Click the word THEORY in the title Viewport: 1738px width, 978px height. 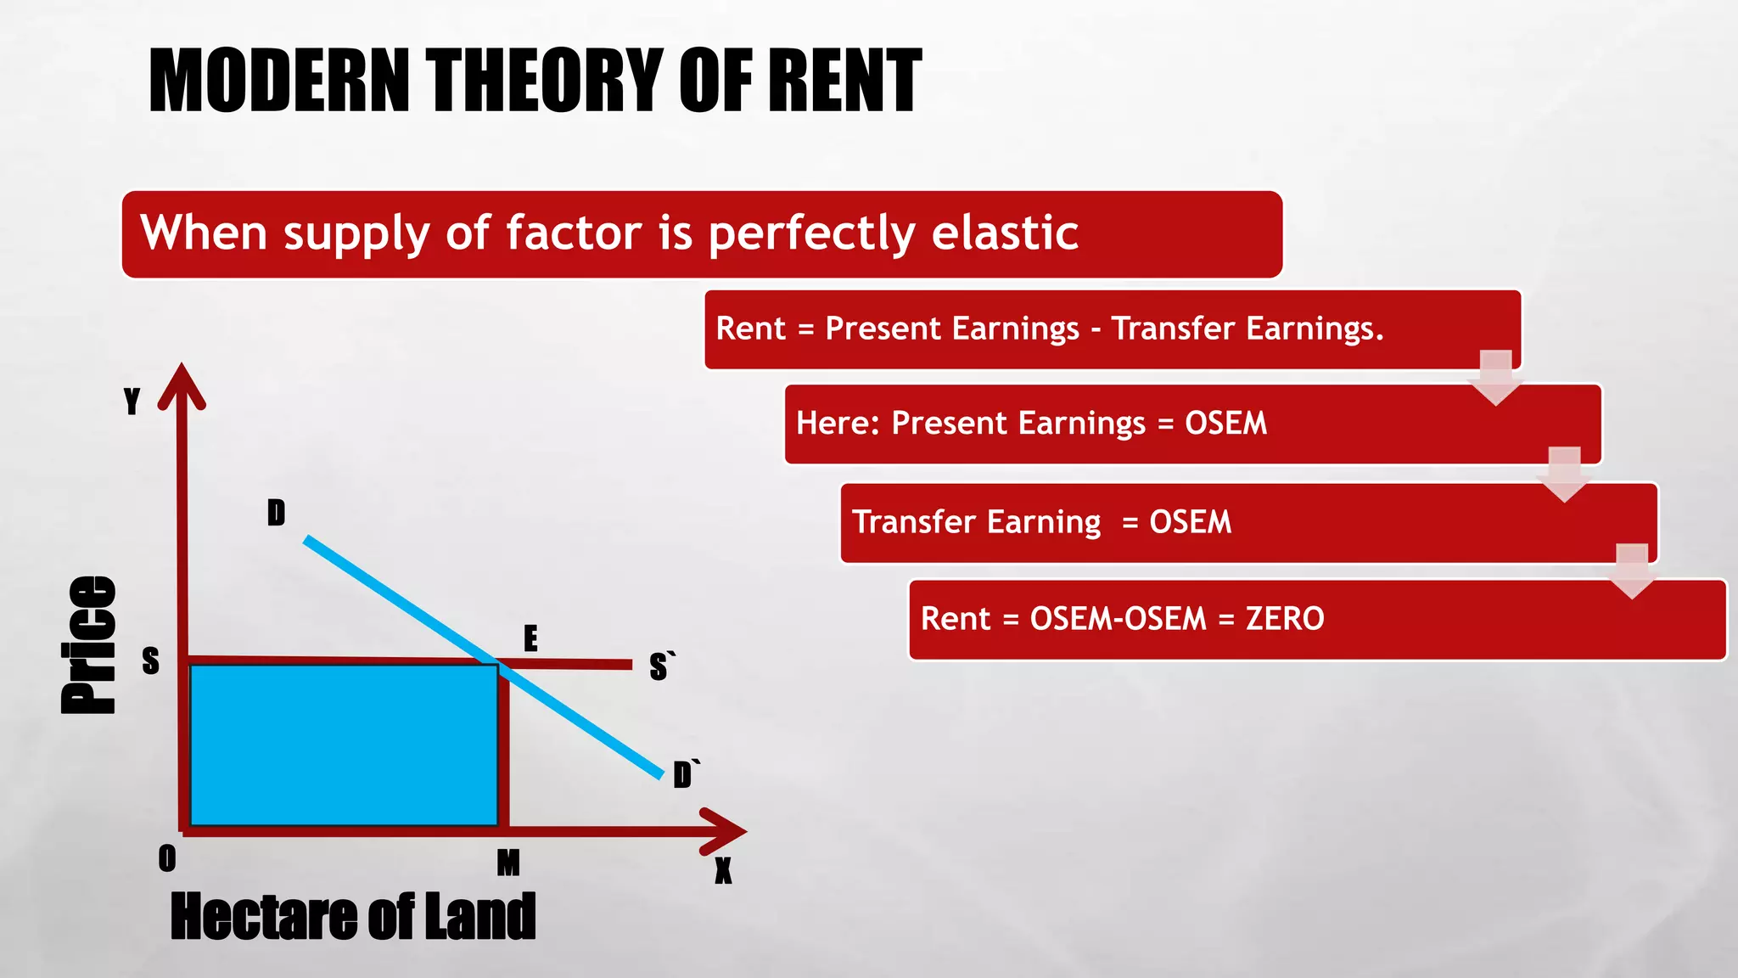coord(543,81)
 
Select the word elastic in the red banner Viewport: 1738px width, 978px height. coord(1005,233)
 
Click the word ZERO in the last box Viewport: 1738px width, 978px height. coord(1284,619)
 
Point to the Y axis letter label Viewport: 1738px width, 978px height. coord(132,401)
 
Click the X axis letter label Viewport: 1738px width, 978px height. coord(722,871)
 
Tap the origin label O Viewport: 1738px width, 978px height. coord(167,859)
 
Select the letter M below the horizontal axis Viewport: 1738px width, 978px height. coord(507,863)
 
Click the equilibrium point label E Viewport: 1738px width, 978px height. coord(530,638)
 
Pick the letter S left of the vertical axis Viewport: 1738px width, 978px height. coord(150,660)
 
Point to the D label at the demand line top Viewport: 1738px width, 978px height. coord(276,513)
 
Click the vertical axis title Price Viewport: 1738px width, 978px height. coord(89,645)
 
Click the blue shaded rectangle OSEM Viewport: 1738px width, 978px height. coord(344,745)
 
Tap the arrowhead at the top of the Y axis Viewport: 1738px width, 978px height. coord(182,385)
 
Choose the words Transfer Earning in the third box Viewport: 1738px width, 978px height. coord(976,522)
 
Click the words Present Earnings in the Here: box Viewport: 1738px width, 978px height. coord(1018,423)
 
